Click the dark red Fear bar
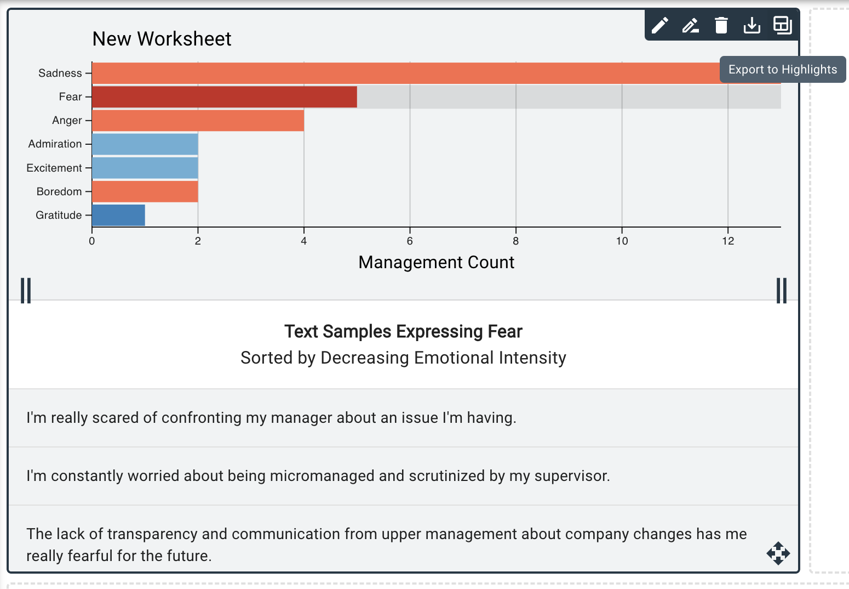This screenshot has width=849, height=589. [x=224, y=97]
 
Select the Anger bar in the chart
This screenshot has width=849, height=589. [x=198, y=121]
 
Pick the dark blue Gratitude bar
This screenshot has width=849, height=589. [x=118, y=216]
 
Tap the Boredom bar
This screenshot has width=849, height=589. [x=145, y=192]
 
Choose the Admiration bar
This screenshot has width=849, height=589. [x=145, y=144]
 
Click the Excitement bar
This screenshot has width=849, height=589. [x=145, y=168]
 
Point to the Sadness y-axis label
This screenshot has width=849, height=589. [x=60, y=73]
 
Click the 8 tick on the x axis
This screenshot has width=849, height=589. [x=515, y=241]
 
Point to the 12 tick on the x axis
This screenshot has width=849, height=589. [x=727, y=241]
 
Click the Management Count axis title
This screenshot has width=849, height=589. [x=436, y=263]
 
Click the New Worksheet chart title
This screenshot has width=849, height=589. [x=162, y=39]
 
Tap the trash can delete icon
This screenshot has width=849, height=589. [x=721, y=25]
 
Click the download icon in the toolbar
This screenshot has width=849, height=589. [x=752, y=25]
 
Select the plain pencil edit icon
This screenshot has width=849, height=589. [x=659, y=25]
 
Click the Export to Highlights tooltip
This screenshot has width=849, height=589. [x=782, y=70]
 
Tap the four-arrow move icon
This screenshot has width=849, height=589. [x=778, y=553]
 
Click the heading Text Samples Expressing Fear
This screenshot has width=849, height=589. [x=403, y=332]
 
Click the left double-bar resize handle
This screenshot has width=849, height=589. [x=26, y=291]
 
